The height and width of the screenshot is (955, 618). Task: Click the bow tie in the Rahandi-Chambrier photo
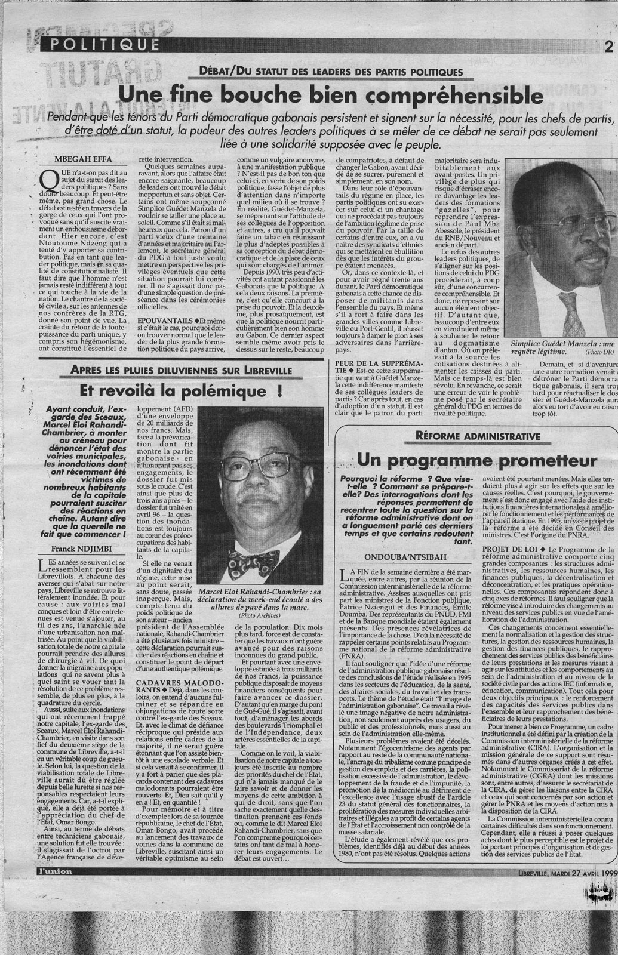pos(254,562)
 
